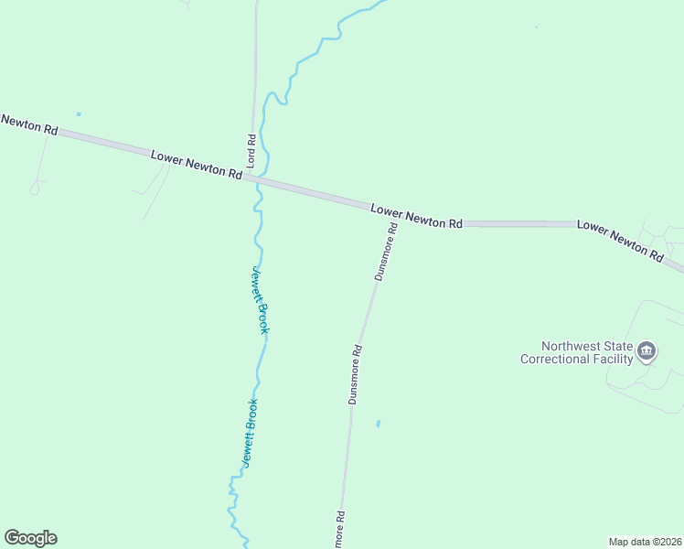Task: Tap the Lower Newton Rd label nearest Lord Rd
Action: coord(197,165)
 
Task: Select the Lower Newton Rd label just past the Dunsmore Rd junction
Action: coord(417,216)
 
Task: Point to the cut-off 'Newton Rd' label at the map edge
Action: coord(28,124)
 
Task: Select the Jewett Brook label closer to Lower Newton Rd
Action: coord(261,299)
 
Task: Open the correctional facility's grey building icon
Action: coord(647,350)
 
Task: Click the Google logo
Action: coord(30,538)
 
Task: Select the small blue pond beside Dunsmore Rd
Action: coord(378,424)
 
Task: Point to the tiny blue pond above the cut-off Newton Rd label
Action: coord(79,114)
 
